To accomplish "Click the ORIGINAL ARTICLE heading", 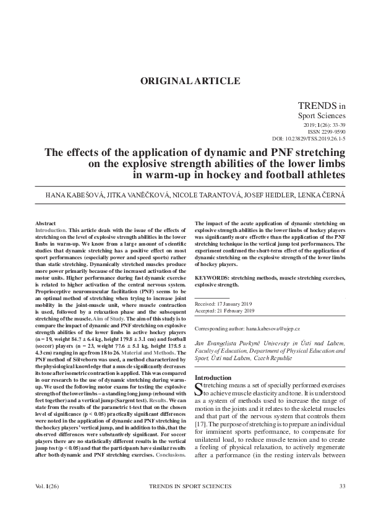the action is pyautogui.click(x=190, y=81).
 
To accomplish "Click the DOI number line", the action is pyautogui.click(x=309, y=139).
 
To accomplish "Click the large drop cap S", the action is pyautogui.click(x=199, y=389).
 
